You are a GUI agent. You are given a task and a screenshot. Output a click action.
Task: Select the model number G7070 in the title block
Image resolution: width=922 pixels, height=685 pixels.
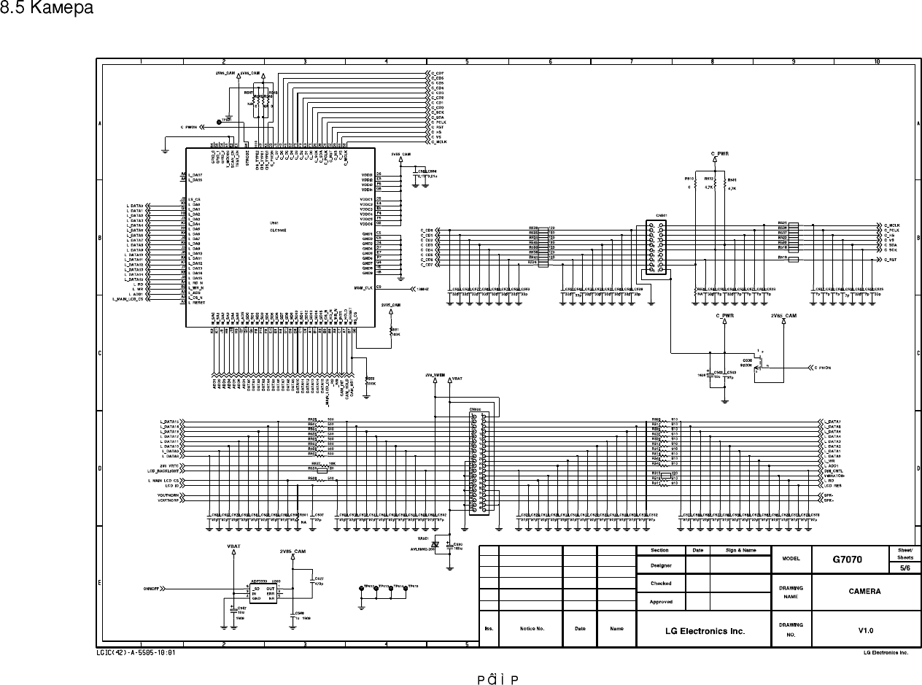pos(848,560)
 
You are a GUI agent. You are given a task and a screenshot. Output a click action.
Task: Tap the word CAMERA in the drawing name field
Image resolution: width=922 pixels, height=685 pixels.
pos(864,592)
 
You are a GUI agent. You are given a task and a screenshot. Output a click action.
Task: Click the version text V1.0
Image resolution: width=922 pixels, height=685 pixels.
pos(865,630)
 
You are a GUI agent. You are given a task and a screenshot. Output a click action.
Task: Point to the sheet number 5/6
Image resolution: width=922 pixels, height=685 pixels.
pos(904,567)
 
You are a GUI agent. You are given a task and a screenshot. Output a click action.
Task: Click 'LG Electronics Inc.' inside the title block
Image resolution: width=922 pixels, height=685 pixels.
pos(705,631)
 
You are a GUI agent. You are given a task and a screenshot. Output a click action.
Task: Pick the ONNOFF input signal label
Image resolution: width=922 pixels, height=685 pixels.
pos(152,587)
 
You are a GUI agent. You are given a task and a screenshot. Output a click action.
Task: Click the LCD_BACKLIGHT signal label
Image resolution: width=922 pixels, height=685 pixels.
pos(164,471)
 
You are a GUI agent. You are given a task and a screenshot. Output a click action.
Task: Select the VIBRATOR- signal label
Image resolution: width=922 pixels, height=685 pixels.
pos(834,476)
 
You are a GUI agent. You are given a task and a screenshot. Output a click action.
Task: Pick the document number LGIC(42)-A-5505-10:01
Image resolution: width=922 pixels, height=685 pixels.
pos(136,653)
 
